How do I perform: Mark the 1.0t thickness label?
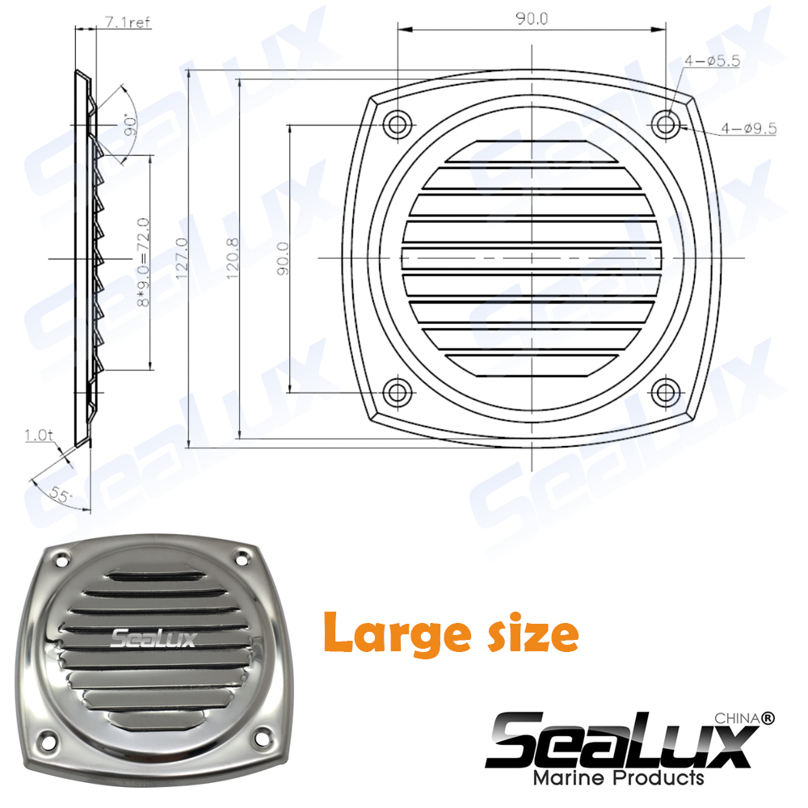tap(38, 436)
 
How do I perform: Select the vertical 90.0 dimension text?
tap(283, 259)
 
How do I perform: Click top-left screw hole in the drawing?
tap(397, 124)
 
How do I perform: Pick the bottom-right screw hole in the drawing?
tap(667, 393)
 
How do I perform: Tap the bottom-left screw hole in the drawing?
tap(397, 393)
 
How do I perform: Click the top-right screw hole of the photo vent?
tap(241, 558)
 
